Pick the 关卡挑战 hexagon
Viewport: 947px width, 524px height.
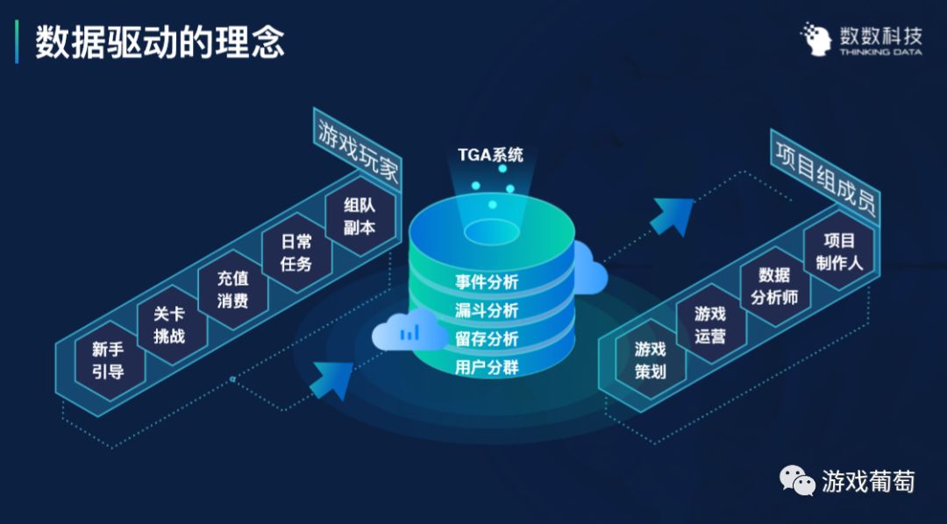tap(168, 325)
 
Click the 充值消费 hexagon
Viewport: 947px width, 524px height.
tap(232, 290)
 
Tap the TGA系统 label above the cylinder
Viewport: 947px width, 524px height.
tap(490, 155)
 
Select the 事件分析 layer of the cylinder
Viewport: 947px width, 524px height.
tap(487, 282)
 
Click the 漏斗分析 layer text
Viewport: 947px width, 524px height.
tap(487, 310)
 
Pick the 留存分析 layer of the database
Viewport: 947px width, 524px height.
tap(487, 338)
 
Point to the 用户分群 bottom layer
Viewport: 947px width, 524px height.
tap(487, 366)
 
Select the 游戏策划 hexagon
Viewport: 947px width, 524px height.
tap(650, 360)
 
